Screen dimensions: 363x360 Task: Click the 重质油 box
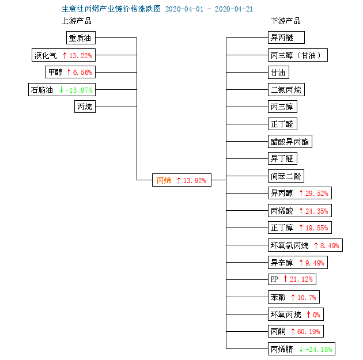coord(81,37)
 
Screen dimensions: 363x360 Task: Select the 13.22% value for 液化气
coord(81,55)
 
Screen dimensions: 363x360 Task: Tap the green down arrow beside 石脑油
coord(61,90)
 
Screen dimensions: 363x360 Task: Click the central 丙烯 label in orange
coord(164,180)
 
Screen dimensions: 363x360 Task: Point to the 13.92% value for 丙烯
coord(195,180)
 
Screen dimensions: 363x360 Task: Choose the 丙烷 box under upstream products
coord(85,107)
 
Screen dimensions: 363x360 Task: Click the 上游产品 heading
coord(77,21)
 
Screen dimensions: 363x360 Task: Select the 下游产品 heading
coord(286,21)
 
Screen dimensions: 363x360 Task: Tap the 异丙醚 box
coord(286,37)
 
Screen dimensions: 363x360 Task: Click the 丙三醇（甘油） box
coord(298,55)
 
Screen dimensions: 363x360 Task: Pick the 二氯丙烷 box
coord(286,89)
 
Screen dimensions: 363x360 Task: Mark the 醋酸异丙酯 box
coord(290,141)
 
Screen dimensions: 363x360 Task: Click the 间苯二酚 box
coord(286,176)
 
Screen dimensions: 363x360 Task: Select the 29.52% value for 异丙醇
coord(317,193)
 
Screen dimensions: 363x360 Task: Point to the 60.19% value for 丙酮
coord(309,332)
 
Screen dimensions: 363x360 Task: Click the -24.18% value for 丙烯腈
coord(319,349)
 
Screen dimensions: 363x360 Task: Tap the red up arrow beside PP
coord(285,279)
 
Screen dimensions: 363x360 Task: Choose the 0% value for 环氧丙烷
coord(316,314)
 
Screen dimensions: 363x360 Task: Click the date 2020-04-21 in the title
coord(234,9)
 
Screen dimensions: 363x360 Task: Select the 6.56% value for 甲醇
coord(82,73)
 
